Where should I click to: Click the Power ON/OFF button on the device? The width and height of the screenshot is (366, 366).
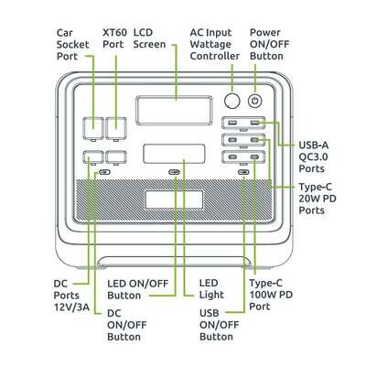(255, 101)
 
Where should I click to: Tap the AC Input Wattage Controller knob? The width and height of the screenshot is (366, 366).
(232, 101)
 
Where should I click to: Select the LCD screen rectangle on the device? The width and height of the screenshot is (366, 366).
(174, 111)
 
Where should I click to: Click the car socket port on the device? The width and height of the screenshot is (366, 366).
(92, 127)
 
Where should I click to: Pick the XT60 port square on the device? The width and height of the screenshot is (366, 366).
(116, 127)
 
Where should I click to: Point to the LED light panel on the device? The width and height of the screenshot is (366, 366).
(174, 154)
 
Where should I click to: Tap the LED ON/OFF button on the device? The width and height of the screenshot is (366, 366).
(174, 172)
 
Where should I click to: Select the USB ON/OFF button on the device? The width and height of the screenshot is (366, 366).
(243, 172)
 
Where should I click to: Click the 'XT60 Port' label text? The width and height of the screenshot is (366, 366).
(113, 38)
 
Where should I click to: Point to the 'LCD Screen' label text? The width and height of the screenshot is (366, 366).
(149, 38)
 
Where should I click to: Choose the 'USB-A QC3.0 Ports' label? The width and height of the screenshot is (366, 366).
(313, 156)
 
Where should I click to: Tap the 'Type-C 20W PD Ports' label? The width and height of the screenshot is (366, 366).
(318, 199)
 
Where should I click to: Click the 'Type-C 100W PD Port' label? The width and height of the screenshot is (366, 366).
(271, 295)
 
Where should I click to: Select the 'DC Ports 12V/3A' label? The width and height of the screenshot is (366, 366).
(71, 296)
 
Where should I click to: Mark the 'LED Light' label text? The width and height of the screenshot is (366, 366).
(211, 289)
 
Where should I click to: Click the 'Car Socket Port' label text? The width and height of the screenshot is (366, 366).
(73, 44)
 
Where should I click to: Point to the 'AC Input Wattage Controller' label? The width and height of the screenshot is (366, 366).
(215, 44)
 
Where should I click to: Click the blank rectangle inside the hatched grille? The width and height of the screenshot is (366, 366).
(174, 199)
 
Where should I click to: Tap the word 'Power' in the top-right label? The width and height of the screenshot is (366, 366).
(265, 32)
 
